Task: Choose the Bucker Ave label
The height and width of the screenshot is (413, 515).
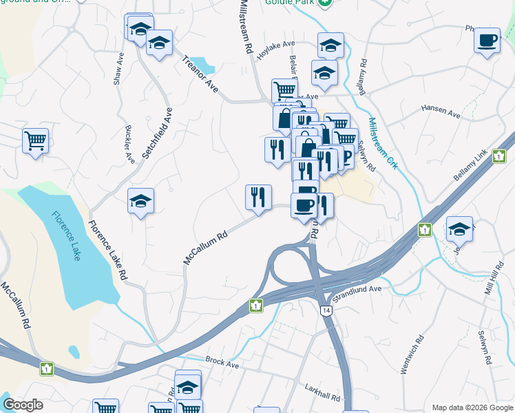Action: coord(129,144)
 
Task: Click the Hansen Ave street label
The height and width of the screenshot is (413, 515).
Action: coord(440,110)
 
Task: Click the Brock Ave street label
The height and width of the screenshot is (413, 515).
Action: coord(222,363)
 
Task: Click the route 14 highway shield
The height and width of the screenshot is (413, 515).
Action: coord(326,311)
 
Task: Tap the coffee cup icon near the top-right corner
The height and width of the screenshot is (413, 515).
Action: coord(487,40)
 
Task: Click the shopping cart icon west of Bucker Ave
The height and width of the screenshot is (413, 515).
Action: coord(35,140)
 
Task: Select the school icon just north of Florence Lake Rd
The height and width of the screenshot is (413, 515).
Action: coord(140,202)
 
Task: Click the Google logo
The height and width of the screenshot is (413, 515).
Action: coord(23,405)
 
